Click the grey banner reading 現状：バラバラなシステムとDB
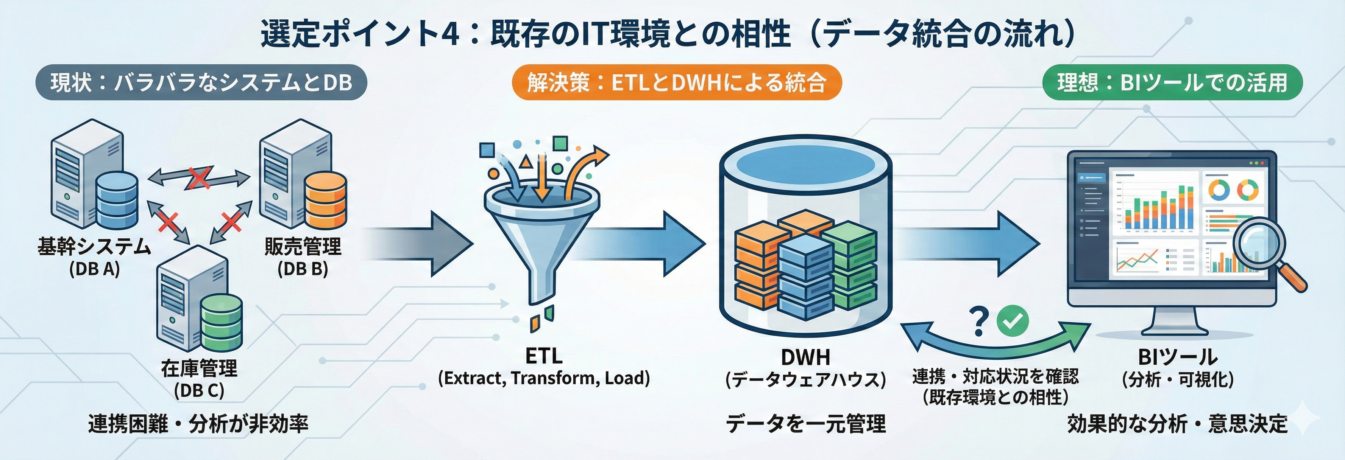(201, 82)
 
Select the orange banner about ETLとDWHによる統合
(676, 82)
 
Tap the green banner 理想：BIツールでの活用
(1172, 82)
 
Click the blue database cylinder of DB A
(117, 201)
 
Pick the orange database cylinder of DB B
(325, 201)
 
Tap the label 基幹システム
(94, 246)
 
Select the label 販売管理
(303, 246)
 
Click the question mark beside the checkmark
(979, 321)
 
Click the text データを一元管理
(806, 423)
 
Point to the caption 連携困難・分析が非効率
(198, 423)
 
